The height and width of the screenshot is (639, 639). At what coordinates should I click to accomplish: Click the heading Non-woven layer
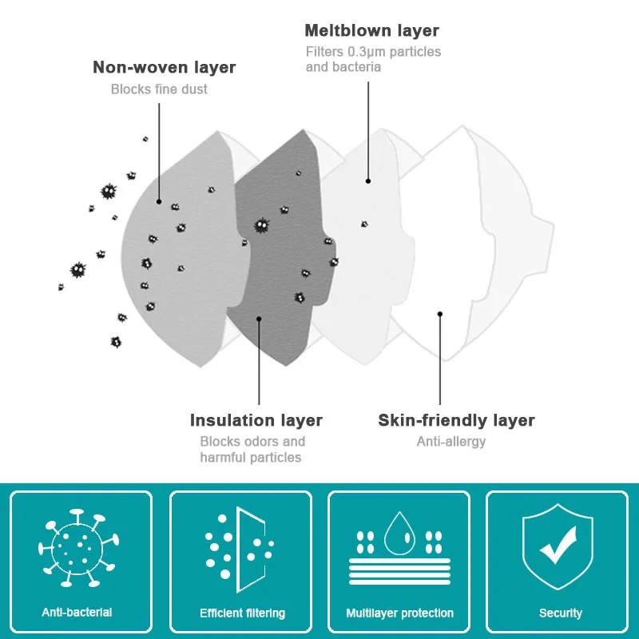point(164,67)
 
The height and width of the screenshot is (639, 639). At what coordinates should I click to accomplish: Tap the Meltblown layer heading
point(371,31)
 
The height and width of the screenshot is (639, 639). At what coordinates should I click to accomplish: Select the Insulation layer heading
point(256,420)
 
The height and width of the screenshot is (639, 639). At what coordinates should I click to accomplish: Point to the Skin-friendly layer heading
point(456,420)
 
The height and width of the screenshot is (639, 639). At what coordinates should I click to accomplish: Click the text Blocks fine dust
point(159,89)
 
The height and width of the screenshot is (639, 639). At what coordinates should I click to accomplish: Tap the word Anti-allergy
point(450,441)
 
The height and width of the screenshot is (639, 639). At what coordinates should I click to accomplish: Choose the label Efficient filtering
point(242,613)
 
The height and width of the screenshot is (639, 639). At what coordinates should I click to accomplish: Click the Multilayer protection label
point(399,613)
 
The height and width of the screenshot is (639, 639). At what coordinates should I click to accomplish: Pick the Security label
point(560,613)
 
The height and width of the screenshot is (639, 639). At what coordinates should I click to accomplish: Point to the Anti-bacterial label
point(77,613)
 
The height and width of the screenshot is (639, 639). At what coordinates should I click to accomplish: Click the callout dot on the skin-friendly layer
point(439,314)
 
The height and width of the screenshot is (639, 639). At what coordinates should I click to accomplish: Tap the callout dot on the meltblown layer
point(368,181)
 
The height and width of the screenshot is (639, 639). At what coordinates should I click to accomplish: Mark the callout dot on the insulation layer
point(259,318)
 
